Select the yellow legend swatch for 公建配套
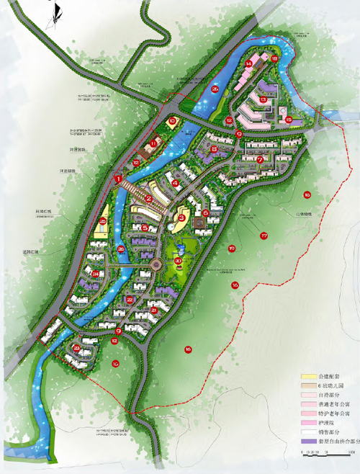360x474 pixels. tap(312, 376)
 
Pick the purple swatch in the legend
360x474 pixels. tap(312, 442)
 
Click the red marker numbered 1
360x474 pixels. tap(118, 178)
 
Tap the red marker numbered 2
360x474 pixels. tap(148, 197)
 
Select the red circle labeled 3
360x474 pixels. tap(181, 218)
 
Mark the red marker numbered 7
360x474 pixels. tap(260, 159)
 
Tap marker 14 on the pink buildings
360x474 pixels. tap(248, 64)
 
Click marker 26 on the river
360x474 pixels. tap(215, 89)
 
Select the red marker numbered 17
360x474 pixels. tap(264, 236)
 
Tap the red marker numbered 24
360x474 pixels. tap(96, 274)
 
